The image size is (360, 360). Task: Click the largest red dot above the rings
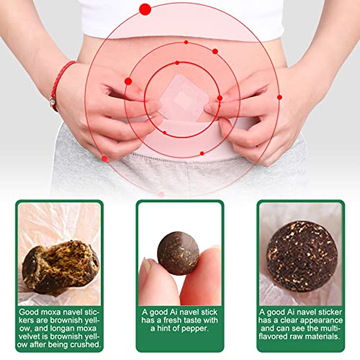tap(145, 9)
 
